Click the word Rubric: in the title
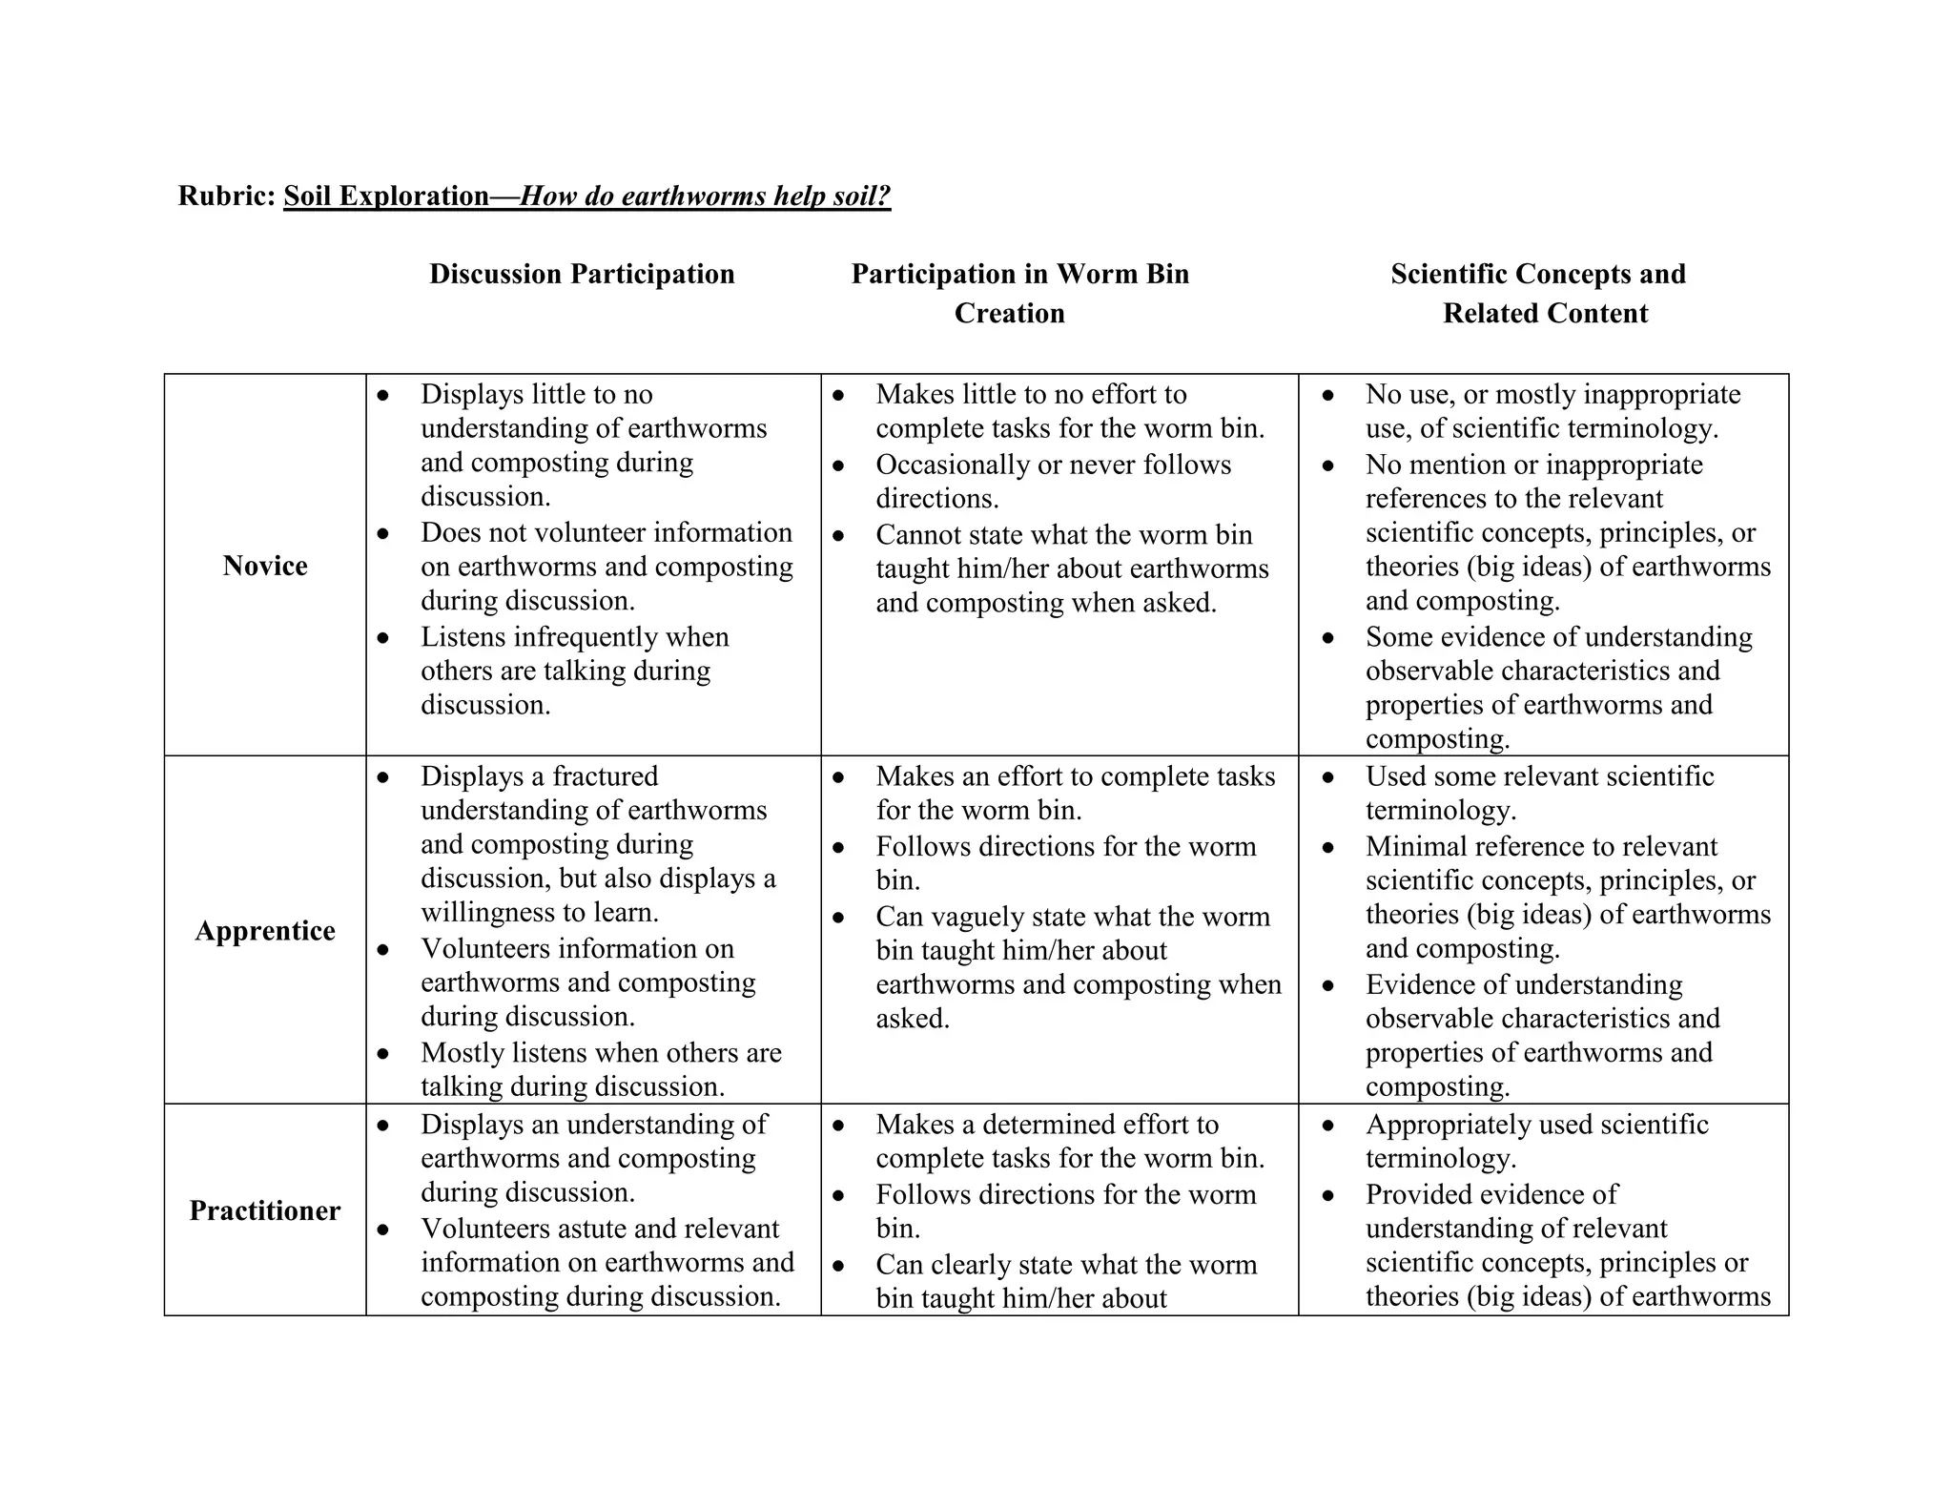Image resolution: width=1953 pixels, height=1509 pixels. tap(226, 196)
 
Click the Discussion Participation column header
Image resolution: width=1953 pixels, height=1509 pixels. tap(582, 275)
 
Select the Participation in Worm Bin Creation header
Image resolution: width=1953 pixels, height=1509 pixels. tap(1019, 293)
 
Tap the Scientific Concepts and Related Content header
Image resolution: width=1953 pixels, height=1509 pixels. tap(1538, 293)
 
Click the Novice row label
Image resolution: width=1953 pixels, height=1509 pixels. tap(265, 566)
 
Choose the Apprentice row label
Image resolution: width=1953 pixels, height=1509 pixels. tap(265, 931)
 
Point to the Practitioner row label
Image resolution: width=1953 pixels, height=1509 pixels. tap(265, 1210)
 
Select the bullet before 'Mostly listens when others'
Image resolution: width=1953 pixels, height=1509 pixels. tap(383, 1054)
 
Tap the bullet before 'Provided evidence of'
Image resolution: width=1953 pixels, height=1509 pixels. tap(1328, 1196)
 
